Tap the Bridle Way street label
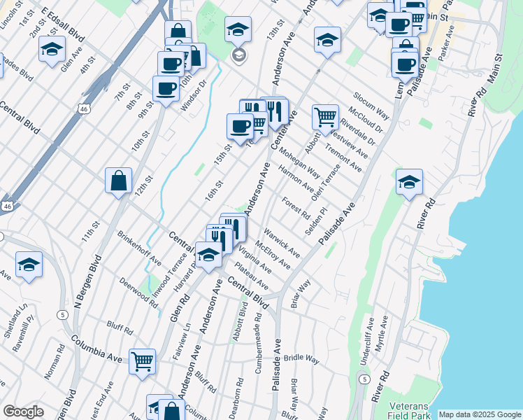click(x=301, y=358)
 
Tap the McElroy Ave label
click(x=273, y=255)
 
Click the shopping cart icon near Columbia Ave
click(x=143, y=361)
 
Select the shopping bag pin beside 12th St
click(x=119, y=180)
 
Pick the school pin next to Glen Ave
click(x=52, y=49)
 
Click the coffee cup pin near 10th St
click(x=166, y=89)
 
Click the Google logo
click(x=24, y=412)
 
